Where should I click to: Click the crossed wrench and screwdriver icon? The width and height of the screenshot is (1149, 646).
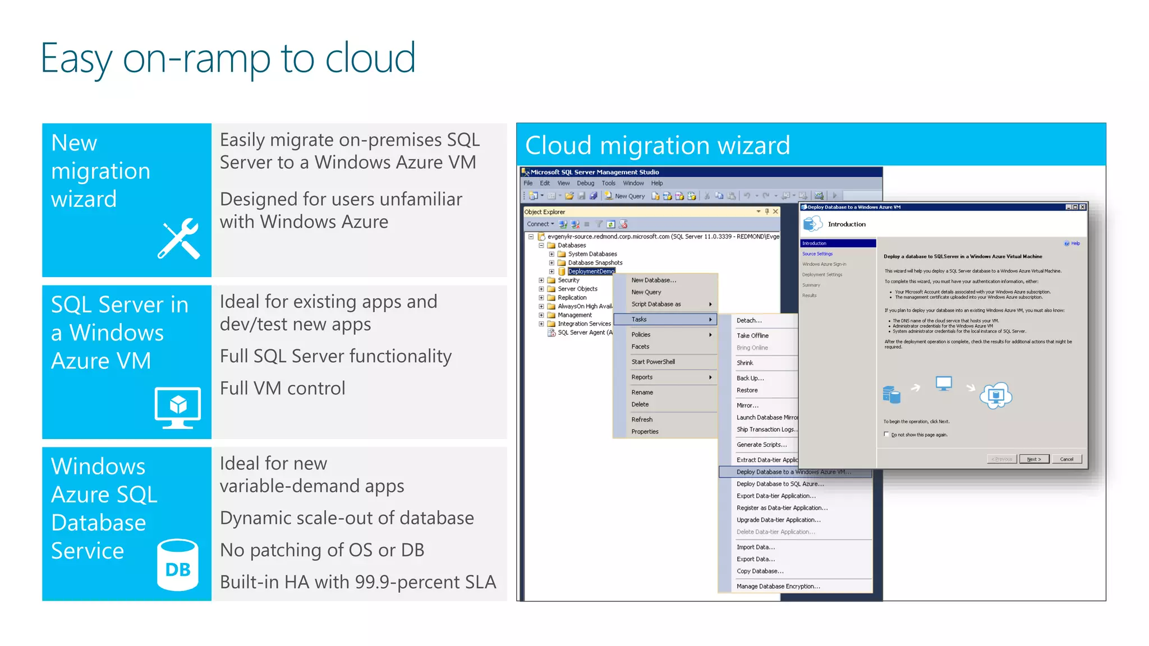click(179, 239)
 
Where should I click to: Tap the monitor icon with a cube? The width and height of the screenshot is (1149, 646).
click(177, 407)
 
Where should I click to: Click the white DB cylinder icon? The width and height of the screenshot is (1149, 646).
click(178, 565)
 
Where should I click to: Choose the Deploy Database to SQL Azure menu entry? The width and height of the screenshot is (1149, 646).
click(780, 484)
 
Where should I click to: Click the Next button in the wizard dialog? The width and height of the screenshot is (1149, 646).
click(1033, 459)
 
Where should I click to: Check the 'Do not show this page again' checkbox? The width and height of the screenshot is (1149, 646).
click(886, 435)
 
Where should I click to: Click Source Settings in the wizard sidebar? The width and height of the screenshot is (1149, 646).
click(817, 254)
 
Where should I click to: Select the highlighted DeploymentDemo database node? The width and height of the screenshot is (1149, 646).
click(591, 271)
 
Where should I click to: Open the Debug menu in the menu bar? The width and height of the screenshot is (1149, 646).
click(585, 183)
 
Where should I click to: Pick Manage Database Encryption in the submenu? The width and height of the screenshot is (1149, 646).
click(778, 587)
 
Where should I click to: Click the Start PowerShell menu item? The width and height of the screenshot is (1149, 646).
click(653, 362)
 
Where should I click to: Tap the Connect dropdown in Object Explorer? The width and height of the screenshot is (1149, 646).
click(540, 224)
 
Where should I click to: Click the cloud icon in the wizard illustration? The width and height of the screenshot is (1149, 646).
click(996, 395)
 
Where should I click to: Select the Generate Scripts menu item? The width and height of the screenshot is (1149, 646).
click(761, 445)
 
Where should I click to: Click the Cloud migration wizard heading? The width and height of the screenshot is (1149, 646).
click(658, 145)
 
